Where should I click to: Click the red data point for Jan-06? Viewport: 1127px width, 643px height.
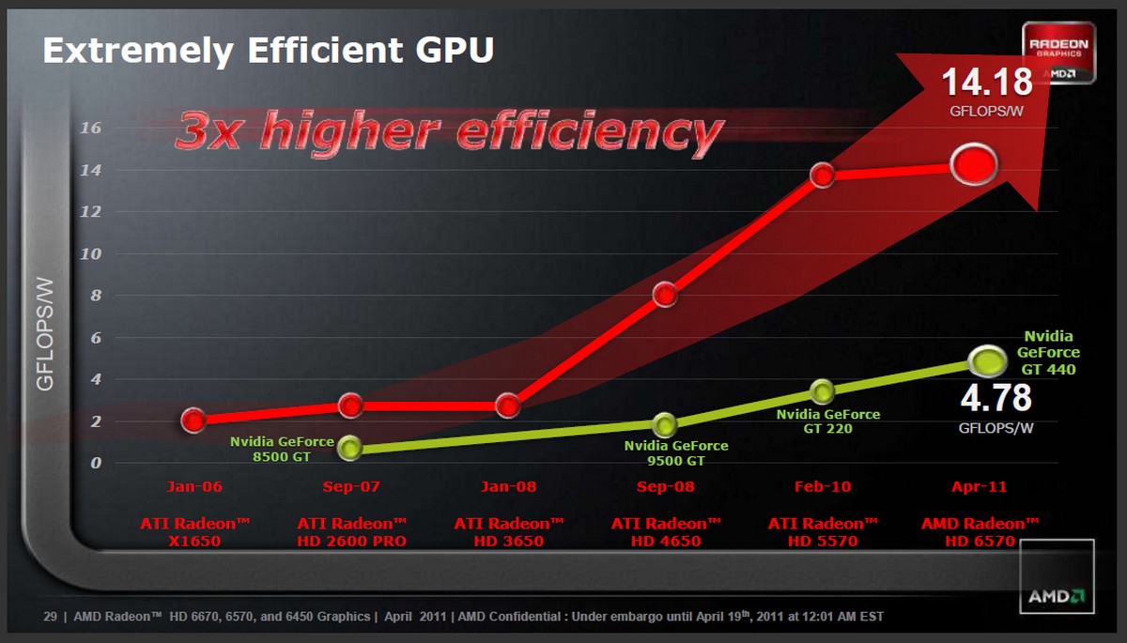click(x=193, y=420)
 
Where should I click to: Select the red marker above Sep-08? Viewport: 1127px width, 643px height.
click(x=665, y=295)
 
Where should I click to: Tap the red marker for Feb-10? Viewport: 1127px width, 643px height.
click(x=822, y=176)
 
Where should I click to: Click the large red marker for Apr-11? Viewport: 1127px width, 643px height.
click(x=973, y=165)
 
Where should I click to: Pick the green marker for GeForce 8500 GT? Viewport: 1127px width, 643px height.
click(x=349, y=448)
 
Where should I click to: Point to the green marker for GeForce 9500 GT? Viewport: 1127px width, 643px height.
click(x=665, y=424)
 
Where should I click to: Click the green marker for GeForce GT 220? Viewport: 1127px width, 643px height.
click(x=822, y=390)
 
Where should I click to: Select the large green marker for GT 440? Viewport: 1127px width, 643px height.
click(x=987, y=359)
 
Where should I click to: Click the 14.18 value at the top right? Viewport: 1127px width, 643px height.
click(x=987, y=83)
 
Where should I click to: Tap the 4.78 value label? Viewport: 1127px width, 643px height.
click(x=996, y=398)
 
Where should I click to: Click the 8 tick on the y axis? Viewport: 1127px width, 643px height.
click(x=95, y=296)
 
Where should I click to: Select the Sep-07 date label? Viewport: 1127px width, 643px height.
click(x=350, y=487)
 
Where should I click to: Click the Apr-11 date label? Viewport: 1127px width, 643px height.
click(x=980, y=487)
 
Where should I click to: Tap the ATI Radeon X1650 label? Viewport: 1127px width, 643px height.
click(x=194, y=532)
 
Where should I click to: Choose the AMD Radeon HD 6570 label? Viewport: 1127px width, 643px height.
click(x=980, y=532)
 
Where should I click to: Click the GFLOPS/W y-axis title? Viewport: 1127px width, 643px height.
click(x=44, y=333)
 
